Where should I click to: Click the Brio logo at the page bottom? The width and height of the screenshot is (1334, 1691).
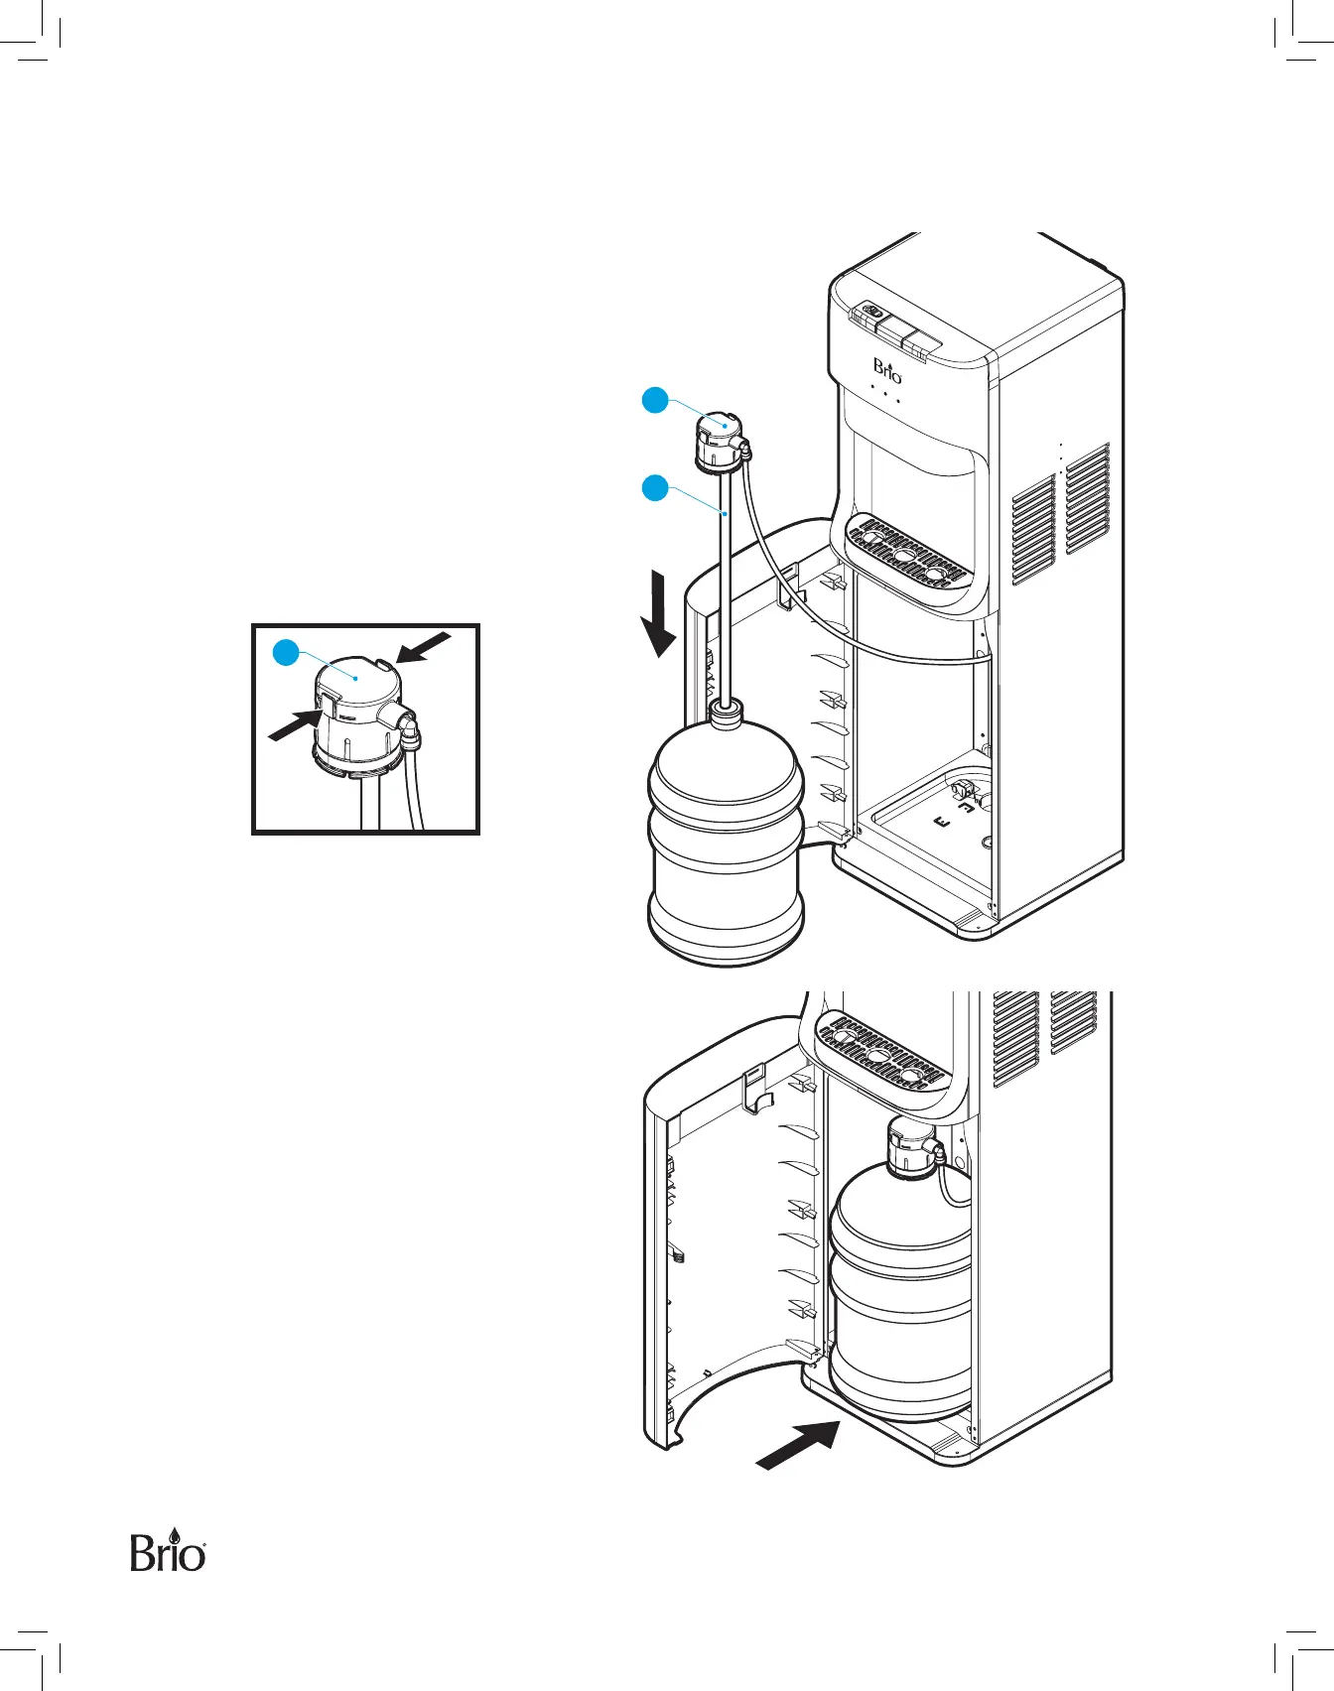[168, 1551]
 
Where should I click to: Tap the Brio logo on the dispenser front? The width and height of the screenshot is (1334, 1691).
[887, 370]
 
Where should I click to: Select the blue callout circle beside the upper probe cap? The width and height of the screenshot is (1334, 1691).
[654, 401]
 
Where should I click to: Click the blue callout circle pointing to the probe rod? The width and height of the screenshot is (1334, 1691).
[654, 487]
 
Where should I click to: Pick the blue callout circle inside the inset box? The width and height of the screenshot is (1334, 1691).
[286, 652]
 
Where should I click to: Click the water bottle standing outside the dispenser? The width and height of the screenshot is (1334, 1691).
[726, 844]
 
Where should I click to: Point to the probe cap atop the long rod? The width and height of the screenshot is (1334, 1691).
[720, 440]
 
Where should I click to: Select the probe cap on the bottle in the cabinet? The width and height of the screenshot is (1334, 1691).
[910, 1146]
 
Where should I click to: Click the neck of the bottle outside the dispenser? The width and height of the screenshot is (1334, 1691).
[726, 712]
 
